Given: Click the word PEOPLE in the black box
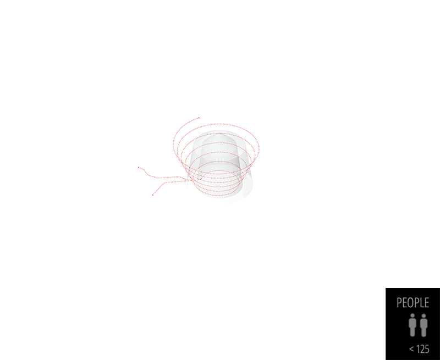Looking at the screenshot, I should pos(413,303).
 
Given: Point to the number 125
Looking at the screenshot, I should pos(423,349).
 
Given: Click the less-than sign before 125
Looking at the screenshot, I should pos(411,350).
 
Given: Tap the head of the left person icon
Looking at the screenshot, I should pos(413,317).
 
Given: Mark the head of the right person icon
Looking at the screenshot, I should pos(423,317).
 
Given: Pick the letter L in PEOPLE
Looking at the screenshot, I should pos(421,303).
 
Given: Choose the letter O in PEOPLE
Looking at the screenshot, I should pos(410,303).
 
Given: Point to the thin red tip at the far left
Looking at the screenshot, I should pos(138,167).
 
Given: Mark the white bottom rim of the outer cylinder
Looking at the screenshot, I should pos(231,199).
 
